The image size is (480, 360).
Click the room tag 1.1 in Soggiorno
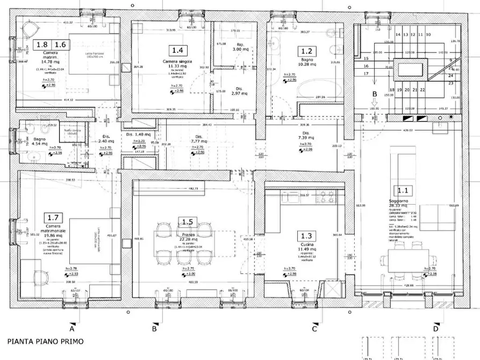(x=403, y=190)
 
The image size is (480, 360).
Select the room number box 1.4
(x=178, y=51)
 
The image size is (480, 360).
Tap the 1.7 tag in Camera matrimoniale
(x=53, y=217)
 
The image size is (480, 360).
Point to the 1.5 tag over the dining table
(x=188, y=222)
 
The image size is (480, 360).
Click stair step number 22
(x=422, y=90)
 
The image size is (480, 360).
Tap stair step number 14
(x=398, y=34)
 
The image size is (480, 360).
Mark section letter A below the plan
(x=71, y=327)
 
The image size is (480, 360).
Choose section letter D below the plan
(x=436, y=327)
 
